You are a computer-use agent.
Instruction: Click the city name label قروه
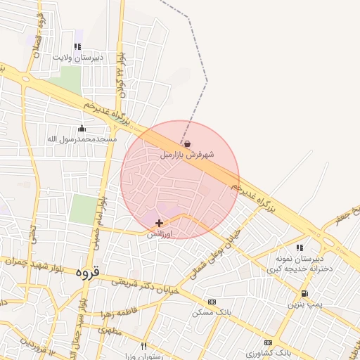tap(88, 271)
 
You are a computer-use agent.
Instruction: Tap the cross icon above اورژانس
tap(160, 223)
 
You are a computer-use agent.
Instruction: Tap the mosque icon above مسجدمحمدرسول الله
tap(82, 128)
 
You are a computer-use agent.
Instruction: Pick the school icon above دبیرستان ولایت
tap(77, 46)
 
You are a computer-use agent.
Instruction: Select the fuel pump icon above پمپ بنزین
tap(304, 293)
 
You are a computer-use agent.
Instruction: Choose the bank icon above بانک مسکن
tap(212, 302)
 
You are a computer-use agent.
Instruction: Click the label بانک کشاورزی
tap(269, 351)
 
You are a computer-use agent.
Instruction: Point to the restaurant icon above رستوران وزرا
tap(143, 345)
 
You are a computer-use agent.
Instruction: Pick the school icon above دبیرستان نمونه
tap(300, 247)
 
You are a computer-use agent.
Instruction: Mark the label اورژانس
tap(160, 235)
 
